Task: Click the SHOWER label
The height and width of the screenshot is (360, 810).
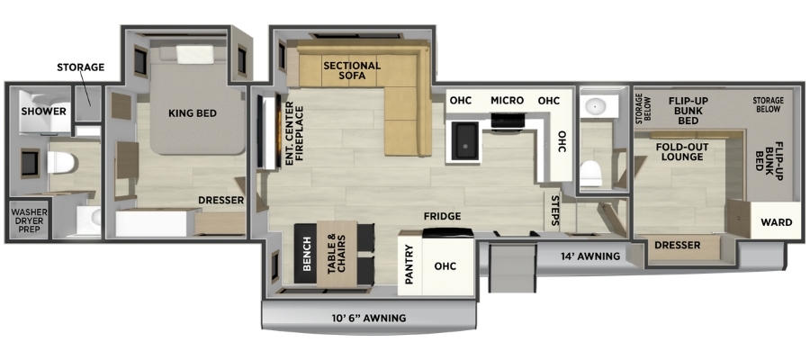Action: point(44,111)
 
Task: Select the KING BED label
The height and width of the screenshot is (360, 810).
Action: point(193,113)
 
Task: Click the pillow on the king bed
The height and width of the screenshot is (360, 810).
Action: point(194,54)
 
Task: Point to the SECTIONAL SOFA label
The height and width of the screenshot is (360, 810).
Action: point(352,71)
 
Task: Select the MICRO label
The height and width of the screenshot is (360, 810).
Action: point(507,100)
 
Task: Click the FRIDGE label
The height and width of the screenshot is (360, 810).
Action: point(442,216)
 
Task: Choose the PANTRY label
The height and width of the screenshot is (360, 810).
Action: point(409,265)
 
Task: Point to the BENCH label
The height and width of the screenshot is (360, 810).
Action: point(307,254)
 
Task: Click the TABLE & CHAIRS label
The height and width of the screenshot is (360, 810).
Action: point(336,254)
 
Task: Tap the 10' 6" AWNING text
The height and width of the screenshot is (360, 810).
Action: point(368,319)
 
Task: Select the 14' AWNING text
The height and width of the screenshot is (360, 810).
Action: point(589,256)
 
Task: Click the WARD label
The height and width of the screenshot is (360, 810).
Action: point(777,222)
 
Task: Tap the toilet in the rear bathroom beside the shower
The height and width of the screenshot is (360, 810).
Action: point(61,163)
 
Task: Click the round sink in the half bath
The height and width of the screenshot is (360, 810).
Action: point(596,106)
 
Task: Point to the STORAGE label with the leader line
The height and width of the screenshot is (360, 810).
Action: point(81,67)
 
